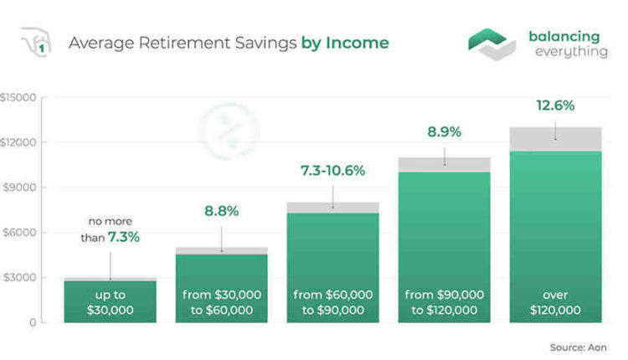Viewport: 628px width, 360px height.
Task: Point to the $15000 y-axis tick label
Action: [x=18, y=97]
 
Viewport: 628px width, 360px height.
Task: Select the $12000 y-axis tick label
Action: [x=18, y=142]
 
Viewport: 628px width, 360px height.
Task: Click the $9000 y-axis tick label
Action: [x=20, y=188]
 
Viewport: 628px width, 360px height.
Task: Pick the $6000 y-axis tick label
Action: [x=20, y=232]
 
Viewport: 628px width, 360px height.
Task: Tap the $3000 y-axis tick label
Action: [x=20, y=277]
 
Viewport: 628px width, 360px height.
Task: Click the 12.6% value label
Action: [x=555, y=106]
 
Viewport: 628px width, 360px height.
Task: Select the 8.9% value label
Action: [x=444, y=132]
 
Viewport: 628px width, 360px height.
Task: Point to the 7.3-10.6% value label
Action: [x=332, y=171]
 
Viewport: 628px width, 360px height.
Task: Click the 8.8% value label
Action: [x=221, y=211]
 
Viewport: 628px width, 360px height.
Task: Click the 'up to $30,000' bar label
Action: [x=110, y=302]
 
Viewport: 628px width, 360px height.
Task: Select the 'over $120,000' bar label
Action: [x=555, y=302]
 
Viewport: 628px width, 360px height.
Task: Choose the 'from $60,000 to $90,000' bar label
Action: [x=332, y=302]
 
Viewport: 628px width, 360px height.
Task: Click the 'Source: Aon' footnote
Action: [x=579, y=347]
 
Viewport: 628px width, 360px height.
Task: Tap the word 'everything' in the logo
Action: [x=572, y=52]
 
